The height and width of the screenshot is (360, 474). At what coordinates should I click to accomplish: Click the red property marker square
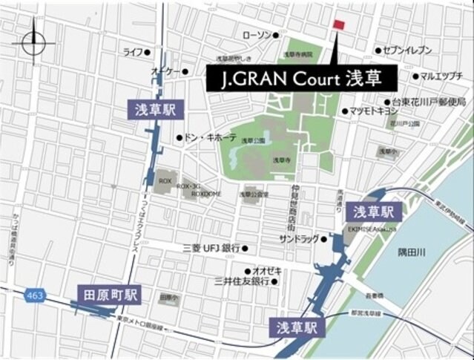(339, 25)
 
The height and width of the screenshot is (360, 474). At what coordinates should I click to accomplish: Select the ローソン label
(256, 35)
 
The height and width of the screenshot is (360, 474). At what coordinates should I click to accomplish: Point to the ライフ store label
(133, 52)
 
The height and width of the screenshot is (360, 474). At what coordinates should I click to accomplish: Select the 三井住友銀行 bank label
(240, 281)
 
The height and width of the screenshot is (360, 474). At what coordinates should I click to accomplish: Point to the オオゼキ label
(266, 271)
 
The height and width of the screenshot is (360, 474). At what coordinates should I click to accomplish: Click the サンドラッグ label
(298, 239)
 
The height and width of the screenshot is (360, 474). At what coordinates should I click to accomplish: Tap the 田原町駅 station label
(111, 295)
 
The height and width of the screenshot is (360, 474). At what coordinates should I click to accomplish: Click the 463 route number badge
(34, 295)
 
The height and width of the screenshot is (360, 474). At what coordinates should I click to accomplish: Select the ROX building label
(165, 180)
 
